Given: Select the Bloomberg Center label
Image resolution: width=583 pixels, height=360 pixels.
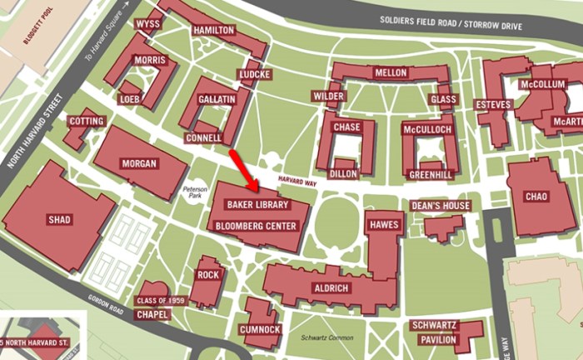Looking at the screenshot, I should pos(257,226).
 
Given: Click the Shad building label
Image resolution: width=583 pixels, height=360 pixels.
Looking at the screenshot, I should pos(59,220).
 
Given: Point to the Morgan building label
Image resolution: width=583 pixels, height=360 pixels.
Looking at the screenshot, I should pos(138,163).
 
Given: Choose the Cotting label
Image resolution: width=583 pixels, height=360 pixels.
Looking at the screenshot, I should pos(87,122).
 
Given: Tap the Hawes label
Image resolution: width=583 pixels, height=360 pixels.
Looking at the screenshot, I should pos(384,226).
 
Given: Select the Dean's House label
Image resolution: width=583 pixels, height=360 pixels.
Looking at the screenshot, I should pos(441,206).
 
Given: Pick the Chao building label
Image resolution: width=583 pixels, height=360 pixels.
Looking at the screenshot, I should pos(536,197).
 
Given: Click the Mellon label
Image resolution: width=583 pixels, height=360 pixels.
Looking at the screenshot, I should pos(391,73).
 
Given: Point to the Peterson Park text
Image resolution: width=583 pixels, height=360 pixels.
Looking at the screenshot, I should pos(195,194).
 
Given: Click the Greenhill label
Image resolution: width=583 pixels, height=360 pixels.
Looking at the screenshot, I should pos(431,175).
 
